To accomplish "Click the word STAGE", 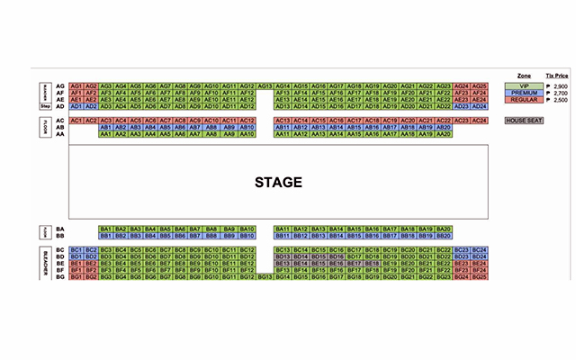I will pyautogui.click(x=277, y=182).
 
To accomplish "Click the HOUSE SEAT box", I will pyautogui.click(x=524, y=120).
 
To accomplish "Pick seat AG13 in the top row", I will pyautogui.click(x=265, y=85).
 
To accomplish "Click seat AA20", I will pyautogui.click(x=443, y=134).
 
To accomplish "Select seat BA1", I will pyautogui.click(x=105, y=229).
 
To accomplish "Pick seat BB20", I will pyautogui.click(x=443, y=237).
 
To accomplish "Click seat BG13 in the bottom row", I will pyautogui.click(x=265, y=277).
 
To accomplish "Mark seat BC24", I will pyautogui.click(x=480, y=249).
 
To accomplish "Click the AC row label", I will pyautogui.click(x=59, y=120).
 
